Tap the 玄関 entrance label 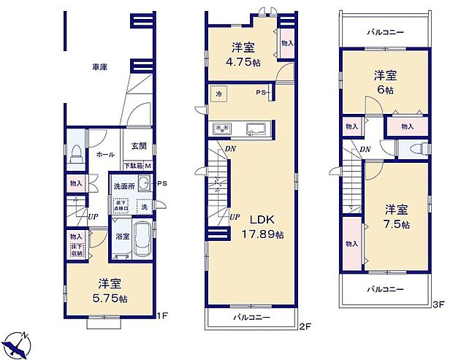tap(139, 146)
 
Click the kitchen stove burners tap(221, 130)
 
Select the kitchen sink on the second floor tap(257, 130)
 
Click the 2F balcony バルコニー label tap(252, 318)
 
